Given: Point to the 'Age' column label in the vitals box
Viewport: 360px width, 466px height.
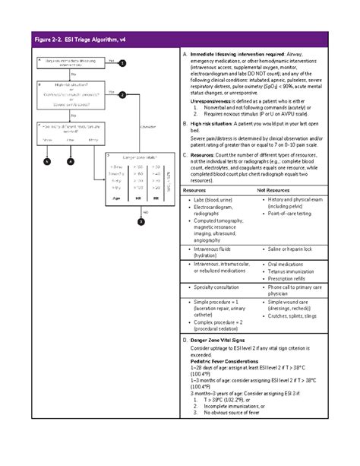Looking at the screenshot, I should (x=117, y=197).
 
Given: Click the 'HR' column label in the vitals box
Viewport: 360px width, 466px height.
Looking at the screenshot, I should (x=138, y=197).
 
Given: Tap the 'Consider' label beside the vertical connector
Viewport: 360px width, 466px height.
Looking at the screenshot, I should (x=148, y=126).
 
